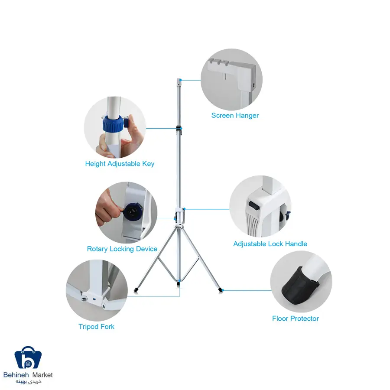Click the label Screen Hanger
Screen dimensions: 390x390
(235, 115)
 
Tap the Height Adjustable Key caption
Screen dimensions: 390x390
(120, 164)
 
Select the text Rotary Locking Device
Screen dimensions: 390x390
(122, 249)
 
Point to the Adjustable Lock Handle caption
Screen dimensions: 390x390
(270, 244)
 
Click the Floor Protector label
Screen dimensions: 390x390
(296, 318)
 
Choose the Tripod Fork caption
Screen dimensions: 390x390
(97, 327)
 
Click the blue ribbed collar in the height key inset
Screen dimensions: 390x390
(114, 123)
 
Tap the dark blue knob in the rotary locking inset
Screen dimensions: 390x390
(133, 211)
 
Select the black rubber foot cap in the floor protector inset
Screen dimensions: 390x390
(300, 285)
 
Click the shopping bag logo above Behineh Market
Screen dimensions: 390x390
(28, 357)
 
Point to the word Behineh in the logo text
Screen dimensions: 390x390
(16, 375)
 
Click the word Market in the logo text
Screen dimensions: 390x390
(42, 375)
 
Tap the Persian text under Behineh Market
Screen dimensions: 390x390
(28, 382)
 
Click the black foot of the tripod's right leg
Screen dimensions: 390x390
(221, 290)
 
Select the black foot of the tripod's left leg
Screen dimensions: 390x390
(136, 290)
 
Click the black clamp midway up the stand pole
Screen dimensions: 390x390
(179, 129)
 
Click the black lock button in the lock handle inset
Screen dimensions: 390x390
(254, 205)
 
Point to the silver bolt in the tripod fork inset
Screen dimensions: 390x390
(84, 299)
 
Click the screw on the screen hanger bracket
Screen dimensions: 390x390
(253, 85)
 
